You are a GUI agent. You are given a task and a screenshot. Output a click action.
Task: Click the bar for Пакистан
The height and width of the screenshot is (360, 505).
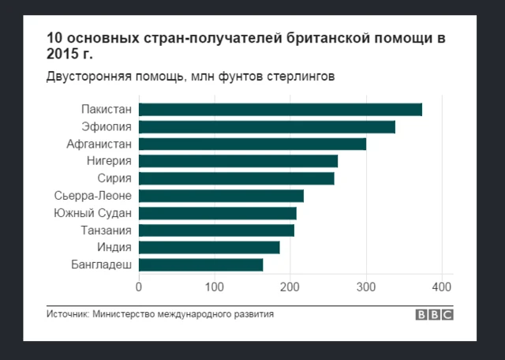280,110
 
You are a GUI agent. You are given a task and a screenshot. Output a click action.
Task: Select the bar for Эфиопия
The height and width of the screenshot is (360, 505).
267,126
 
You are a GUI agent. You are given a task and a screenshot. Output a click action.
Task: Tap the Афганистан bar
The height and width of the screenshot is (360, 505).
252,144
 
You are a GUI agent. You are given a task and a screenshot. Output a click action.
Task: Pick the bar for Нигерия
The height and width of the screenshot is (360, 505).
238,161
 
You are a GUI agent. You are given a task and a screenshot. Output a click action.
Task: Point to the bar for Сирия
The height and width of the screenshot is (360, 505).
237,178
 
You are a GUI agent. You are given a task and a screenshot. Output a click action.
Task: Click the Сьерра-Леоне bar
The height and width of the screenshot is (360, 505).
221,196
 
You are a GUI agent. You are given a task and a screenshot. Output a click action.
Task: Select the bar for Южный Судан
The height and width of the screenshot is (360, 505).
218,213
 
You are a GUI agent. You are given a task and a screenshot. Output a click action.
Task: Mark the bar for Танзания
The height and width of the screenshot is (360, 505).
216,231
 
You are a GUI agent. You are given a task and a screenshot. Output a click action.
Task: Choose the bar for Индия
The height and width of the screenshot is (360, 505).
209,248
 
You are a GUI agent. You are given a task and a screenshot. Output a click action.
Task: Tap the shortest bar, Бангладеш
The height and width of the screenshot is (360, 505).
201,265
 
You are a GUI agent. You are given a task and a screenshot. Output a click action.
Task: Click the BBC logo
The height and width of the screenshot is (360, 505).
435,315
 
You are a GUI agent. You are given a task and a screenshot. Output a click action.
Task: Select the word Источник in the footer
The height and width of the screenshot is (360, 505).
66,314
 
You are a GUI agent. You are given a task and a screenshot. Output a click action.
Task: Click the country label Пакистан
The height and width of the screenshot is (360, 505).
107,110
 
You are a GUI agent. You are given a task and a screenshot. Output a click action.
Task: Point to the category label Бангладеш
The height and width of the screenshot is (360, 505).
101,265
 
